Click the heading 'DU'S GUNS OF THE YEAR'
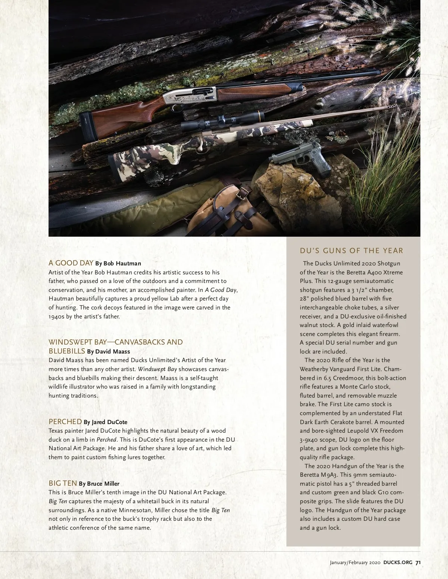click(351, 250)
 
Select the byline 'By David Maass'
click(108, 351)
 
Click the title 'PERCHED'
click(65, 421)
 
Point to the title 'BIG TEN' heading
click(63, 483)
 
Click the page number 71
click(418, 563)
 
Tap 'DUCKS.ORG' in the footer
click(398, 563)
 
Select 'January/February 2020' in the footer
click(355, 563)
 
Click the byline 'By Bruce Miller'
click(99, 484)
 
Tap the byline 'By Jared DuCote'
click(105, 422)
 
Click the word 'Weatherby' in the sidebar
click(314, 369)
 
